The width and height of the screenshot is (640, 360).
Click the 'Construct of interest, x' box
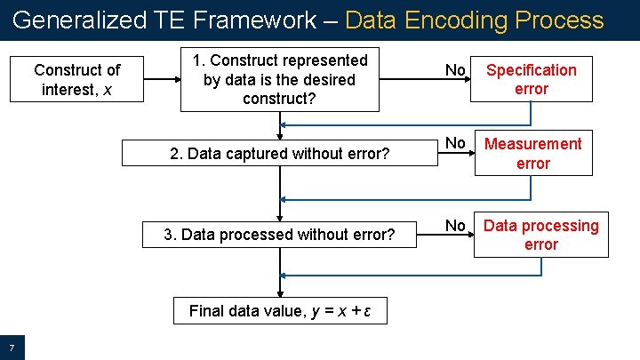[x=76, y=79]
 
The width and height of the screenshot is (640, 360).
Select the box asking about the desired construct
[x=279, y=79]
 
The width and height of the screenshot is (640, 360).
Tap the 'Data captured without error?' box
[x=279, y=154]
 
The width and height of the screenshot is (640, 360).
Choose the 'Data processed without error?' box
[x=279, y=235]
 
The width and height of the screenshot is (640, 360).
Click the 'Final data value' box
[x=279, y=312]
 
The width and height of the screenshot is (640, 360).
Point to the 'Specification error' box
[x=531, y=79]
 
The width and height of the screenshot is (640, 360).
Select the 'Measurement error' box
[x=532, y=154]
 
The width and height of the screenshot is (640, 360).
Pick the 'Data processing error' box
[x=540, y=235]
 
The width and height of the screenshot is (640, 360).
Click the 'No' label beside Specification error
[x=455, y=70]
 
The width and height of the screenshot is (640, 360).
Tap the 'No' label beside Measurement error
[x=455, y=143]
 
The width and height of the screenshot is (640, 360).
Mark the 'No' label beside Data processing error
[x=455, y=226]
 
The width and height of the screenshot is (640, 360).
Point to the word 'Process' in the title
[x=561, y=20]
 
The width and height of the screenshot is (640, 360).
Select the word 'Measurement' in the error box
[x=532, y=144]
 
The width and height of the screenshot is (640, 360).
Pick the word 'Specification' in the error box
[x=531, y=70]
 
